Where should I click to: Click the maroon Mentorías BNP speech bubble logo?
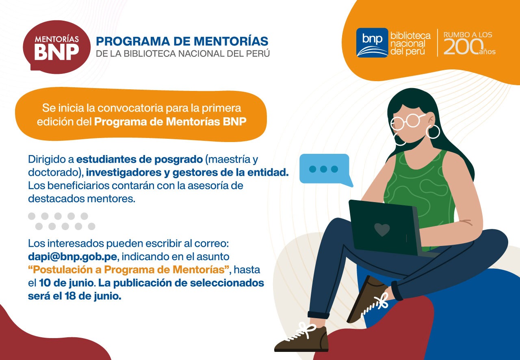pyautogui.click(x=56, y=47)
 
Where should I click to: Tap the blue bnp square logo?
pyautogui.click(x=372, y=43)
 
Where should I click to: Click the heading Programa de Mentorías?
pyautogui.click(x=182, y=41)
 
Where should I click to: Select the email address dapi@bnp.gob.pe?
pyautogui.click(x=72, y=257)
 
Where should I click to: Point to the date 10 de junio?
pyautogui.click(x=66, y=283)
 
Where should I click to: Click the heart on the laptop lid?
pyautogui.click(x=382, y=230)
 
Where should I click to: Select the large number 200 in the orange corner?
pyautogui.click(x=464, y=47)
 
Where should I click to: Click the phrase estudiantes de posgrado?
pyautogui.click(x=139, y=160)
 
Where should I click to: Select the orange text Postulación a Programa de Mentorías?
pyautogui.click(x=129, y=270)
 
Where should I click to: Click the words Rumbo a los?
pyautogui.click(x=468, y=35)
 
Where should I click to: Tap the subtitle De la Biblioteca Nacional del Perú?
pyautogui.click(x=183, y=54)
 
